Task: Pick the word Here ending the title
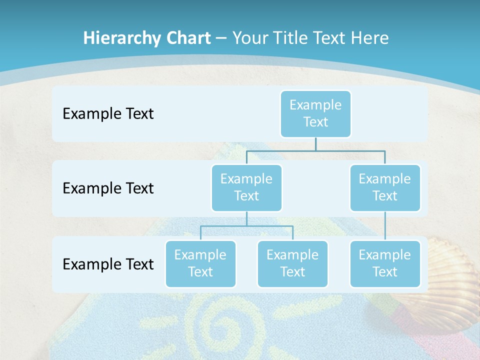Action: click(x=369, y=38)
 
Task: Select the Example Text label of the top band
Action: click(x=108, y=113)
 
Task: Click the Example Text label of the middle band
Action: click(x=108, y=188)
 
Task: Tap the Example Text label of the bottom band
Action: click(x=108, y=264)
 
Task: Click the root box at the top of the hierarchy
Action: click(x=315, y=113)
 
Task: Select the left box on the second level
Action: click(x=246, y=187)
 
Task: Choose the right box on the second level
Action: click(x=385, y=187)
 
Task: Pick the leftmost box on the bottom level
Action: click(x=200, y=263)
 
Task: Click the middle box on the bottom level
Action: click(x=292, y=263)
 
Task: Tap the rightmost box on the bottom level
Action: click(x=385, y=263)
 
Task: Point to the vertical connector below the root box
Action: click(x=315, y=144)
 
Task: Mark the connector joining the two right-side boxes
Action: click(x=385, y=225)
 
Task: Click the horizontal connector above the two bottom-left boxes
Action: click(x=246, y=226)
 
